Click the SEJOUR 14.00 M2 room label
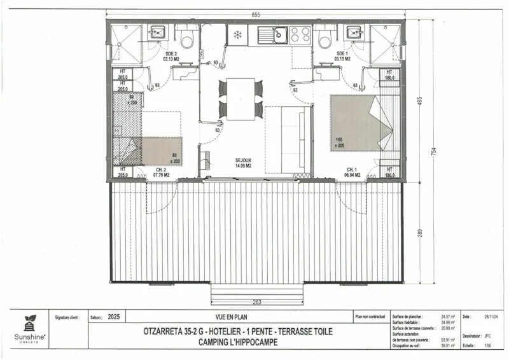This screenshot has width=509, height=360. click(242, 162)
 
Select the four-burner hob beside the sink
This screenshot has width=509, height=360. click(300, 34)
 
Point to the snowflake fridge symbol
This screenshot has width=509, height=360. click(237, 34)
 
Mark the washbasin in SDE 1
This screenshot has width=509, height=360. click(352, 32)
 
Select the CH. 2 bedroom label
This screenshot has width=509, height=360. click(162, 172)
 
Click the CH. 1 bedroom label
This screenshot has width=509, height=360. click(352, 172)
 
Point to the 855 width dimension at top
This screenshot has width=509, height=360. click(254, 14)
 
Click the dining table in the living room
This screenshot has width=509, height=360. click(241, 99)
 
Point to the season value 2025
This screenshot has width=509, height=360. click(115, 316)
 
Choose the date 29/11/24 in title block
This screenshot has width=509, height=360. click(490, 316)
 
